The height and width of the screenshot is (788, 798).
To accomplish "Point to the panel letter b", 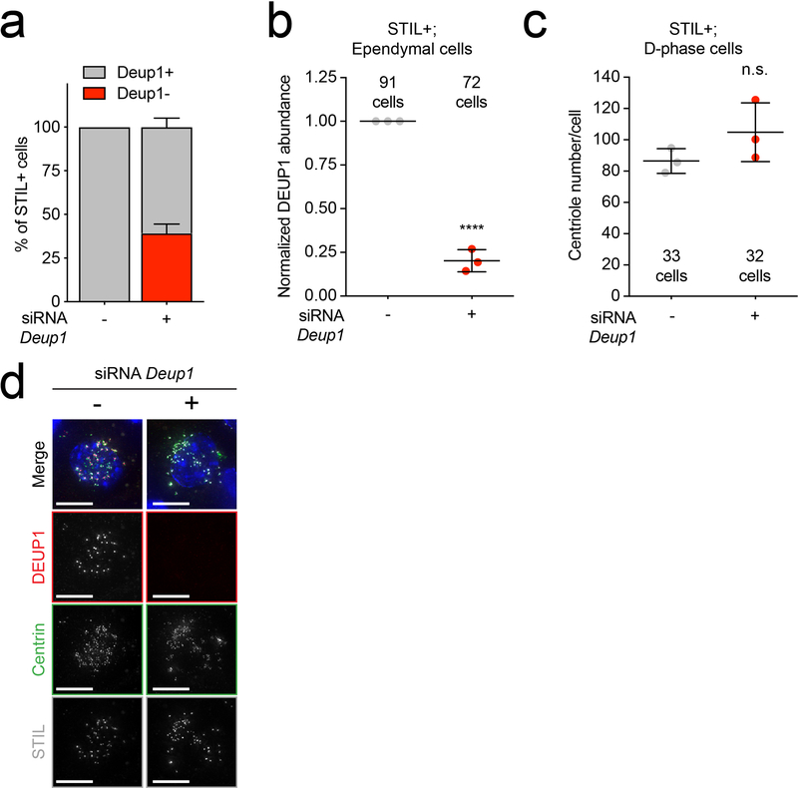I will pos(276,27).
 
